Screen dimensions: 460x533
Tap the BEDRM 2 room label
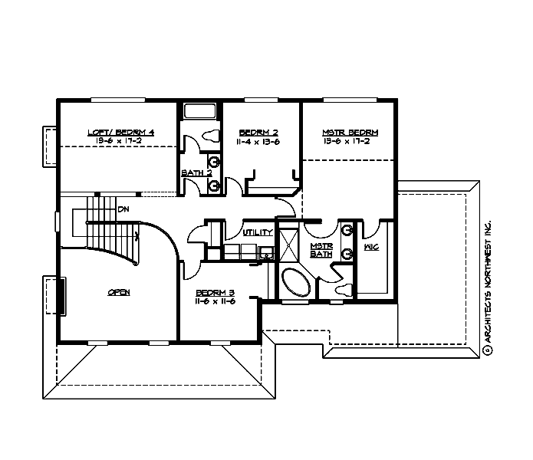257,132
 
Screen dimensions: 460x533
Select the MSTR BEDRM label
350,132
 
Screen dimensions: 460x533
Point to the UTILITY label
258,232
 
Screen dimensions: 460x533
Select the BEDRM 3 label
215,292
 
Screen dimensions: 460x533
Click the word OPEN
118,292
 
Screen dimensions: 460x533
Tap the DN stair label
123,209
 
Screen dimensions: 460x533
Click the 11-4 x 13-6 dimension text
257,141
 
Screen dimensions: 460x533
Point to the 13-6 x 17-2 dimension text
350,141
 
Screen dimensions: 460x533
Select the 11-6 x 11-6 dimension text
215,301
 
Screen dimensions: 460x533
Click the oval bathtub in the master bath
294,283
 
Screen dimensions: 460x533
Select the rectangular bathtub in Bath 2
202,111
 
